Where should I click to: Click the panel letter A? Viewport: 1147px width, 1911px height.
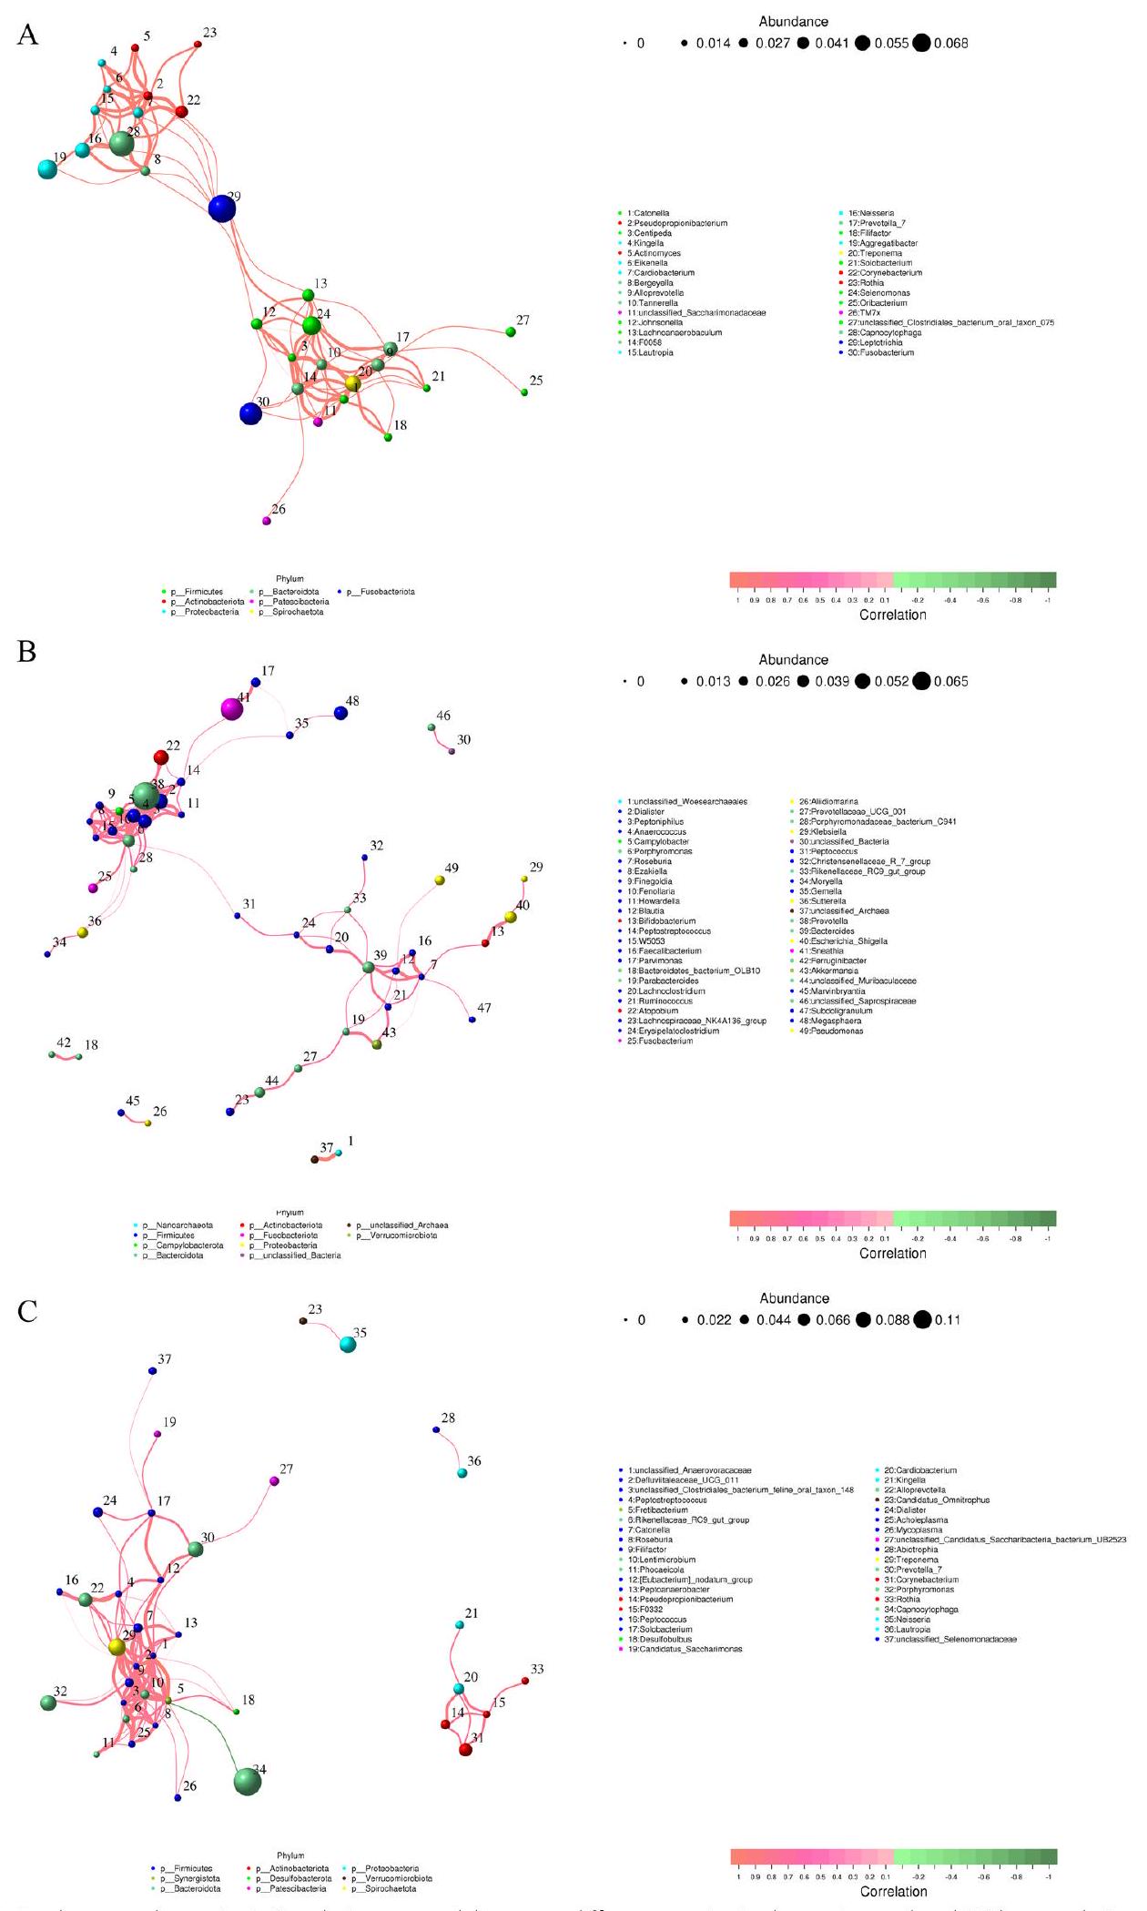pos(27,36)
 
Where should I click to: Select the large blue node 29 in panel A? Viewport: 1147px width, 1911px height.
pos(221,208)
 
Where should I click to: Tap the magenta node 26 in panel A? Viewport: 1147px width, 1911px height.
pos(267,521)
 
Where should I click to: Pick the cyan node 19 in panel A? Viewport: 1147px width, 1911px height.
pos(47,168)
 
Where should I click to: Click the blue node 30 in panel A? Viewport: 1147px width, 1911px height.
pos(250,413)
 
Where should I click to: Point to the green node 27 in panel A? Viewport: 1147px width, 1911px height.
pos(511,332)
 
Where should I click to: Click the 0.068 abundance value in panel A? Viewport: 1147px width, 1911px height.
pos(950,44)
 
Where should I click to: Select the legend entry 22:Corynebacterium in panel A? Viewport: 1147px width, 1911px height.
pos(884,273)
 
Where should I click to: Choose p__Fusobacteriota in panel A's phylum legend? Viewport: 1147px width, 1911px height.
pos(380,592)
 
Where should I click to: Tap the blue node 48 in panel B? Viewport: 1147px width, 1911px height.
pos(340,713)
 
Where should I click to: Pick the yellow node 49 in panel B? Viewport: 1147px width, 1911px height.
pos(440,880)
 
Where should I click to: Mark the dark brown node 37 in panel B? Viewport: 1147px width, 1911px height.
pos(315,1159)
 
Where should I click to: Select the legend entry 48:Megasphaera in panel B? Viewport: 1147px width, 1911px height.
pos(829,1022)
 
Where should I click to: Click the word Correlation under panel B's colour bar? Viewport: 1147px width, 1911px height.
pos(892,1253)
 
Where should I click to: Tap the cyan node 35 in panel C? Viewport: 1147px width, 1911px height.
pos(347,1345)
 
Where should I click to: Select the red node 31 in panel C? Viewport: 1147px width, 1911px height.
pos(465,1750)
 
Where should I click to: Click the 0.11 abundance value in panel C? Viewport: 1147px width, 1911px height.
pos(947,1320)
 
